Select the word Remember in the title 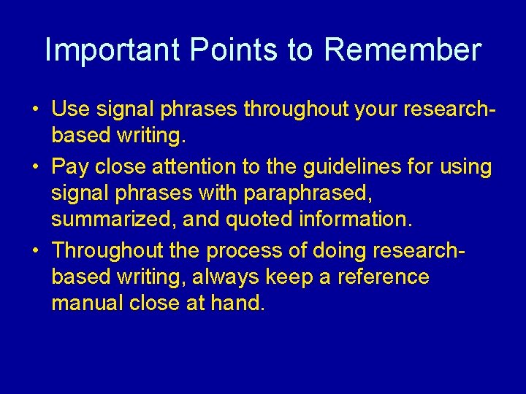403,50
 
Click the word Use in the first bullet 70,110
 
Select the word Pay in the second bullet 72,167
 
